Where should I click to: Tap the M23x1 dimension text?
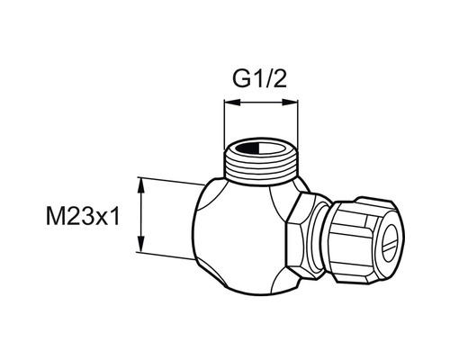[x=83, y=217]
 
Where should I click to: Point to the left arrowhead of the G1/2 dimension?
[x=232, y=103]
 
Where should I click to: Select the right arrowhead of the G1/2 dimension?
[x=290, y=103]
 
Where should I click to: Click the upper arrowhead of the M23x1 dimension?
[x=140, y=185]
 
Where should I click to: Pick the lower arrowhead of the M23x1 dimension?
[x=140, y=244]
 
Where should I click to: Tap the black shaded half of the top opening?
[x=247, y=148]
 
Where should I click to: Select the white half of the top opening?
[x=273, y=148]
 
